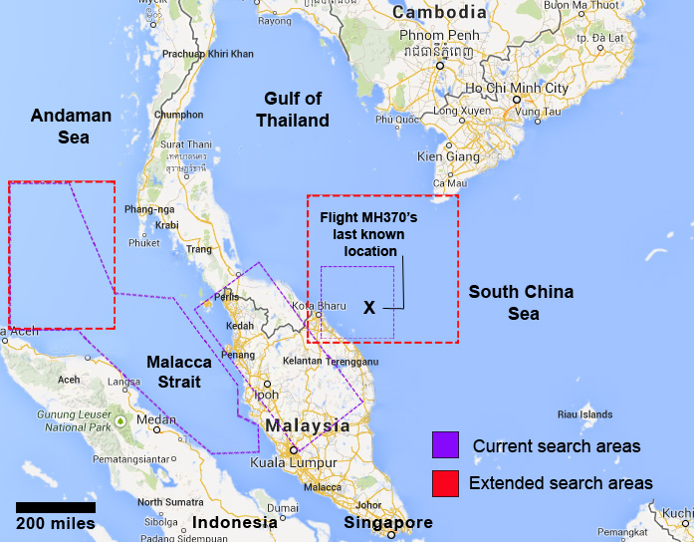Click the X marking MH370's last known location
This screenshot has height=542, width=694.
point(369,308)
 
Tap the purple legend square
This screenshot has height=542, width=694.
point(443,445)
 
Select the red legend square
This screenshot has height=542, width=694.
point(443,483)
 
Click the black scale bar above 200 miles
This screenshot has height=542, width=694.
point(55,507)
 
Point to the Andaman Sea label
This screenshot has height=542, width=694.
point(71,127)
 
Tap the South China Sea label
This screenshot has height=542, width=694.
point(521,303)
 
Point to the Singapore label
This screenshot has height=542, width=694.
point(388,523)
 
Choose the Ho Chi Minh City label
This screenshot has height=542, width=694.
point(518,89)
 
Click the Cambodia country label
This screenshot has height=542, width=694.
point(438,13)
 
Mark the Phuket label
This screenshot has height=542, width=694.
point(143,242)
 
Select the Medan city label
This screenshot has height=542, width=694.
point(155,418)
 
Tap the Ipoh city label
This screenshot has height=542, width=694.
point(267,395)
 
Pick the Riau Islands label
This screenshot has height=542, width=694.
point(583,413)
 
